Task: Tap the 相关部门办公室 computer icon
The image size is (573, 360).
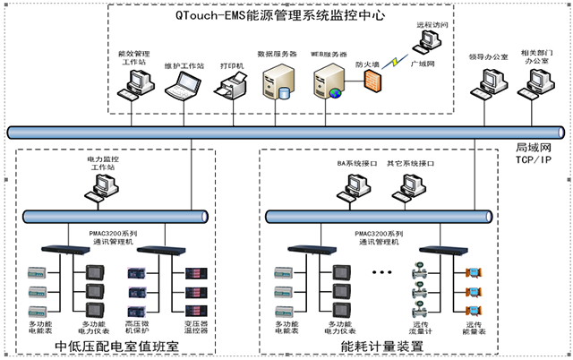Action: [537, 82]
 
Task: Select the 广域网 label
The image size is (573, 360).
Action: [423, 64]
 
